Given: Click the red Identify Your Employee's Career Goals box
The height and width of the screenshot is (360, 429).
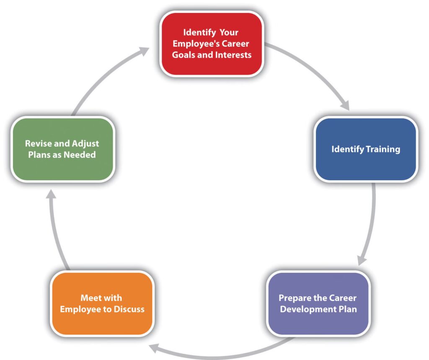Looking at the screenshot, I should point(212,44).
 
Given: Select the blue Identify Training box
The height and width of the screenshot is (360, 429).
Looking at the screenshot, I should point(365,149).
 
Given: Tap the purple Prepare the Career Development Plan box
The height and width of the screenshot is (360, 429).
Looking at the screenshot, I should point(318,303).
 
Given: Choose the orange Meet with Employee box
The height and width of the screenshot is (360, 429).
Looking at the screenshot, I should point(102,303).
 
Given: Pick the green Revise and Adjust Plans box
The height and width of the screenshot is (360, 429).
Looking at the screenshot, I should point(62,149).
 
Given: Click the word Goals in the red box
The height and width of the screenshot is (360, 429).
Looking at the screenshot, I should point(184,54).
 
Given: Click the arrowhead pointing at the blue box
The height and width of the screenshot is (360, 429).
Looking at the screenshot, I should point(345,105).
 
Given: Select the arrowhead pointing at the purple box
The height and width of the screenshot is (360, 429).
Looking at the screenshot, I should point(361,259).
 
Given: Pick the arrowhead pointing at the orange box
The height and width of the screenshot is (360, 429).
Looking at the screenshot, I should point(155,347).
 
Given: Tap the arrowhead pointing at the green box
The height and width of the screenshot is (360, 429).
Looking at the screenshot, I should point(50,194).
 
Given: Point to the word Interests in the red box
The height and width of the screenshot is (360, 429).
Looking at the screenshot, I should point(234,54).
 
